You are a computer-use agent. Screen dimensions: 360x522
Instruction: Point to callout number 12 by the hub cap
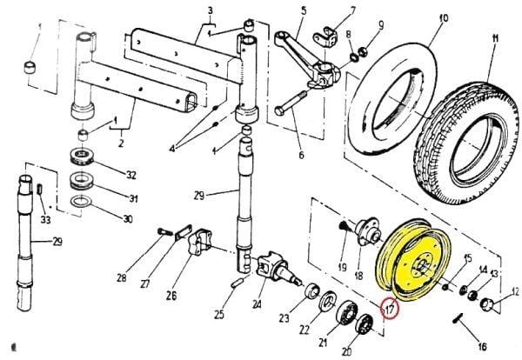click(514, 292)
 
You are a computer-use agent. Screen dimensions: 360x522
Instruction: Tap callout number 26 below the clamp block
click(171, 296)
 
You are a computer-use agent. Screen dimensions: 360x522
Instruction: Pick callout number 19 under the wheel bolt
click(343, 267)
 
